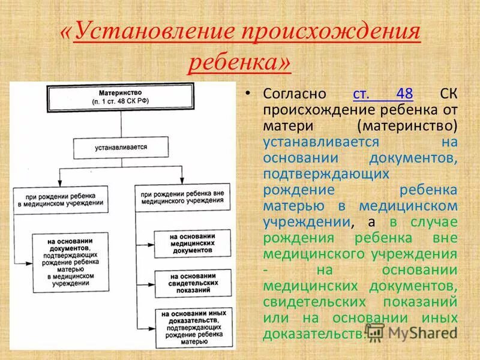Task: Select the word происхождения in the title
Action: click(x=330, y=32)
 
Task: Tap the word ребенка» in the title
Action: click(x=240, y=61)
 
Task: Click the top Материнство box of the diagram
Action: click(x=122, y=97)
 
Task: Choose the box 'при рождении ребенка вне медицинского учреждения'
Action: click(x=184, y=197)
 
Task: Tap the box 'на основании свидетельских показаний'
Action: click(x=191, y=281)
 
